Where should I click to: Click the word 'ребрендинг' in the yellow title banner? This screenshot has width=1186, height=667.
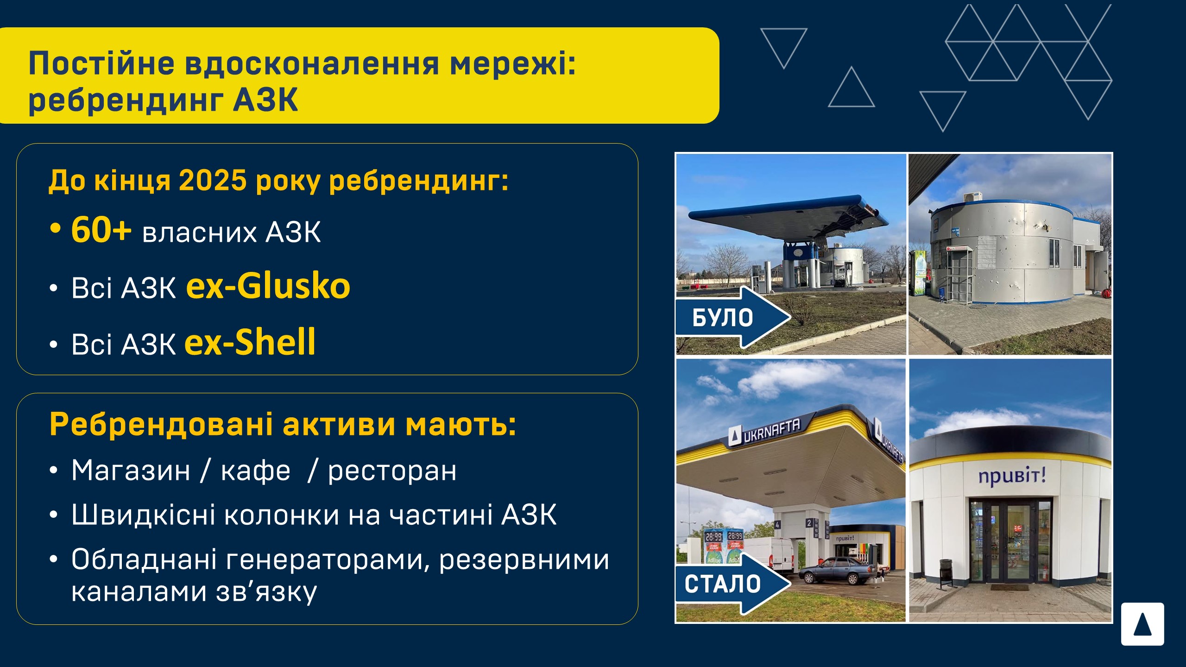(x=126, y=100)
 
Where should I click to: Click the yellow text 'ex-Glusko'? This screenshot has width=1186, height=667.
(x=268, y=286)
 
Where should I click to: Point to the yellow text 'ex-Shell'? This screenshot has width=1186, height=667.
(x=250, y=342)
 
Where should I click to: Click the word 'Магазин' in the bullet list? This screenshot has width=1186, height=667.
(x=131, y=471)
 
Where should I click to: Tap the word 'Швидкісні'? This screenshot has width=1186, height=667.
(x=144, y=514)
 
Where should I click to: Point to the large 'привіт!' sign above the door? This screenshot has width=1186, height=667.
(x=1012, y=476)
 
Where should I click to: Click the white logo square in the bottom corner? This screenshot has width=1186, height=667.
(x=1142, y=624)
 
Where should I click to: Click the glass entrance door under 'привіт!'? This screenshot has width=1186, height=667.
(x=1010, y=541)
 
